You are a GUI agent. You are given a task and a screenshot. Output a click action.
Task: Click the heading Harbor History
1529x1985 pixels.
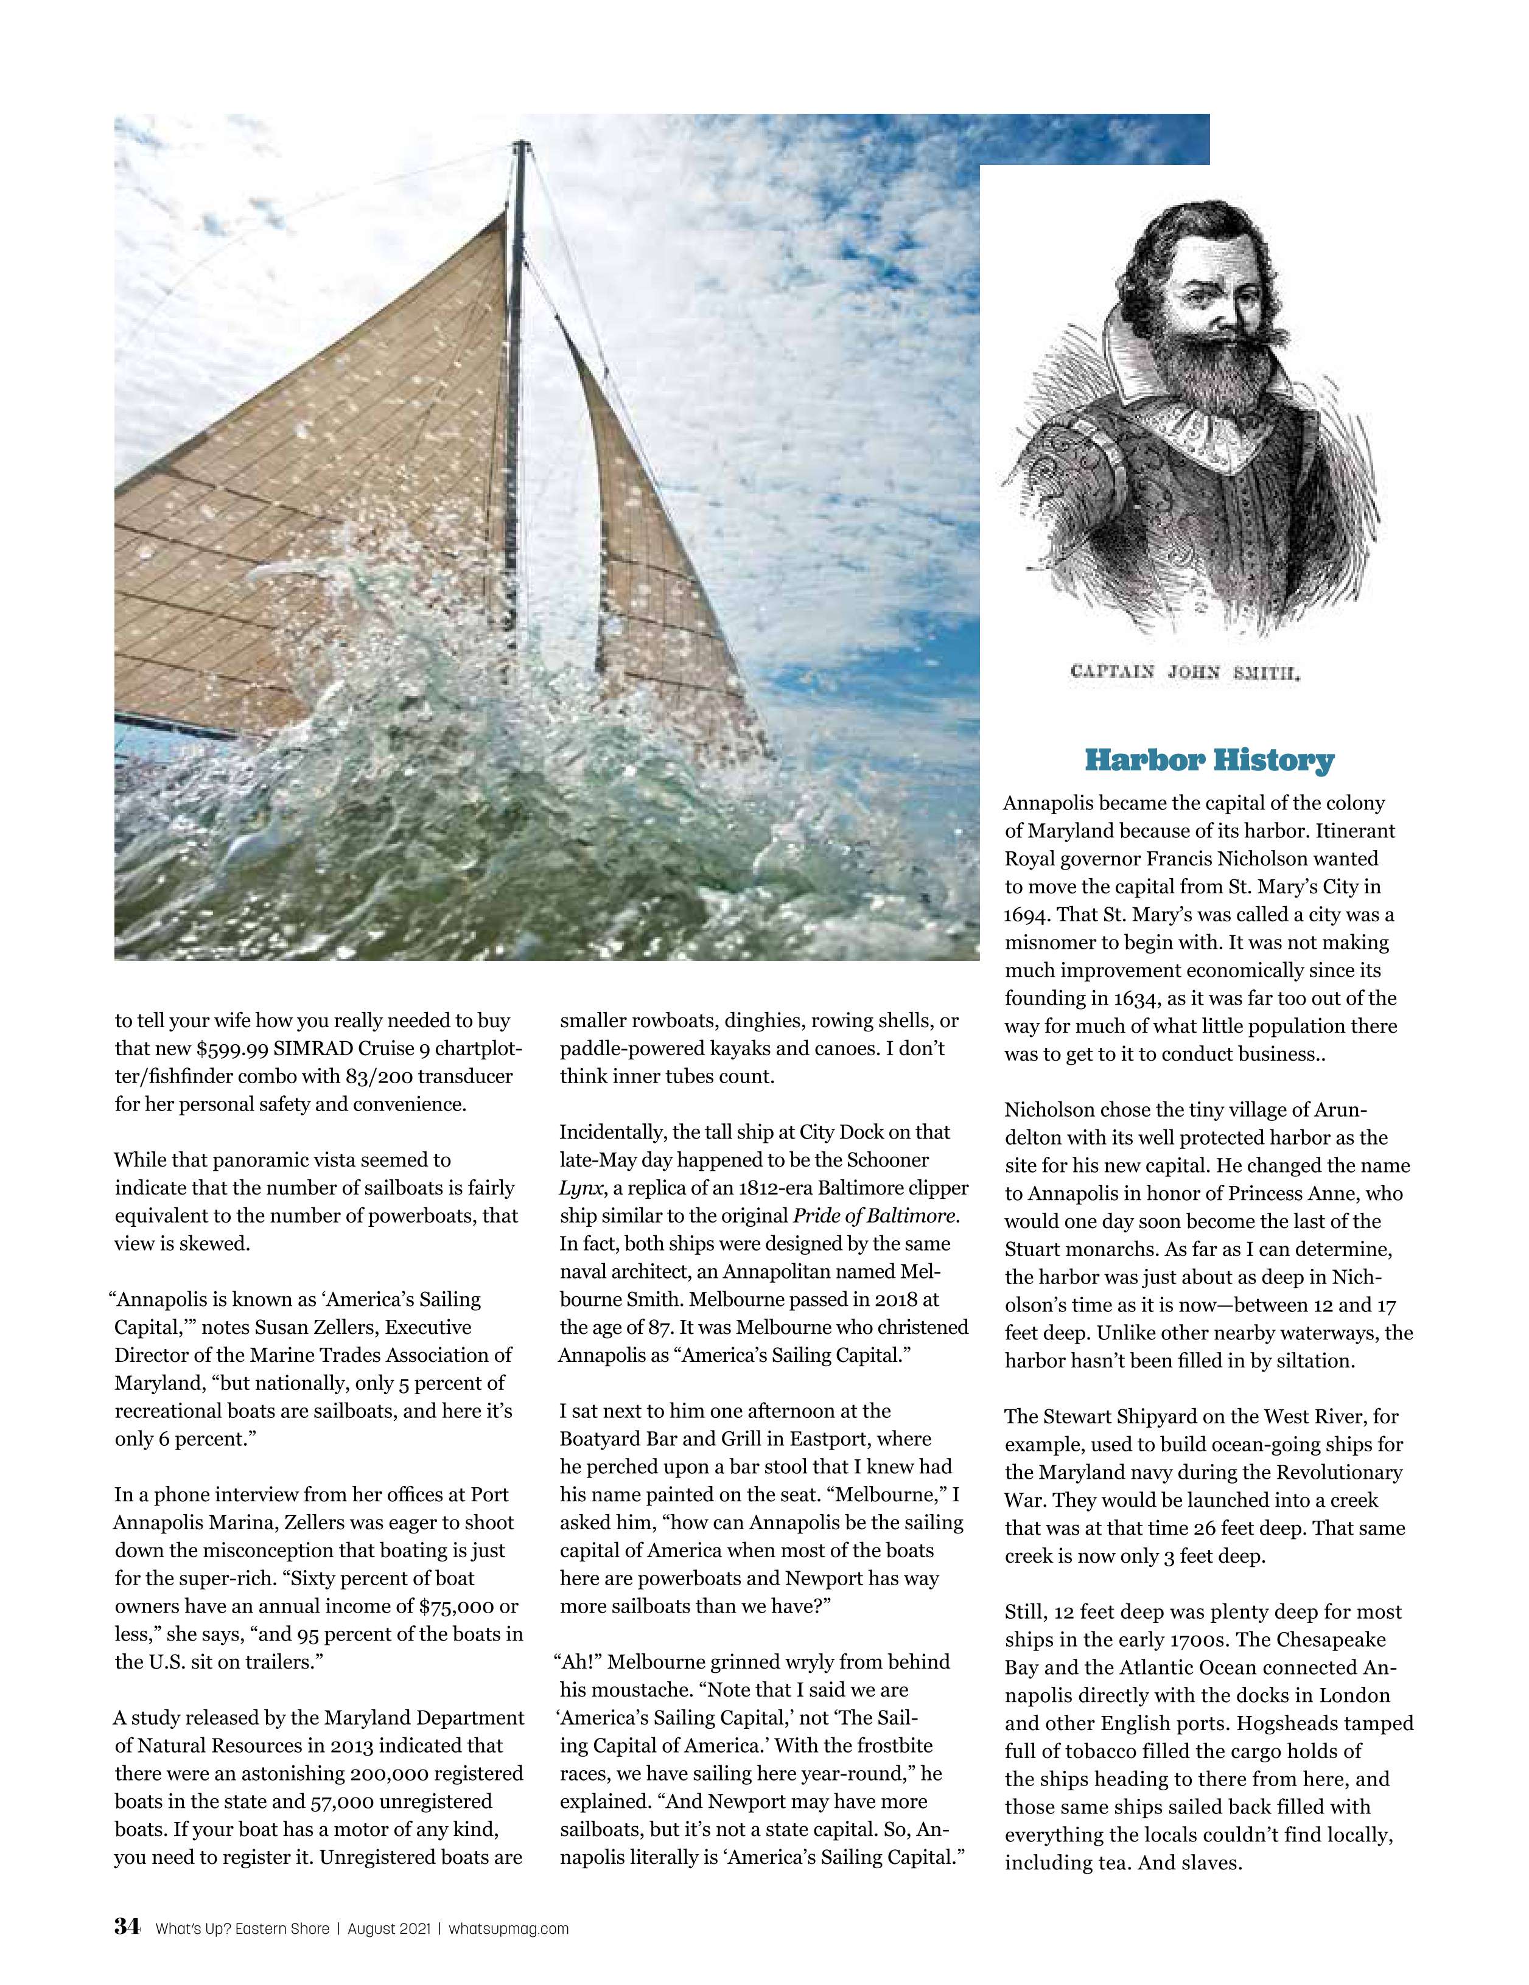pyautogui.click(x=1209, y=760)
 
